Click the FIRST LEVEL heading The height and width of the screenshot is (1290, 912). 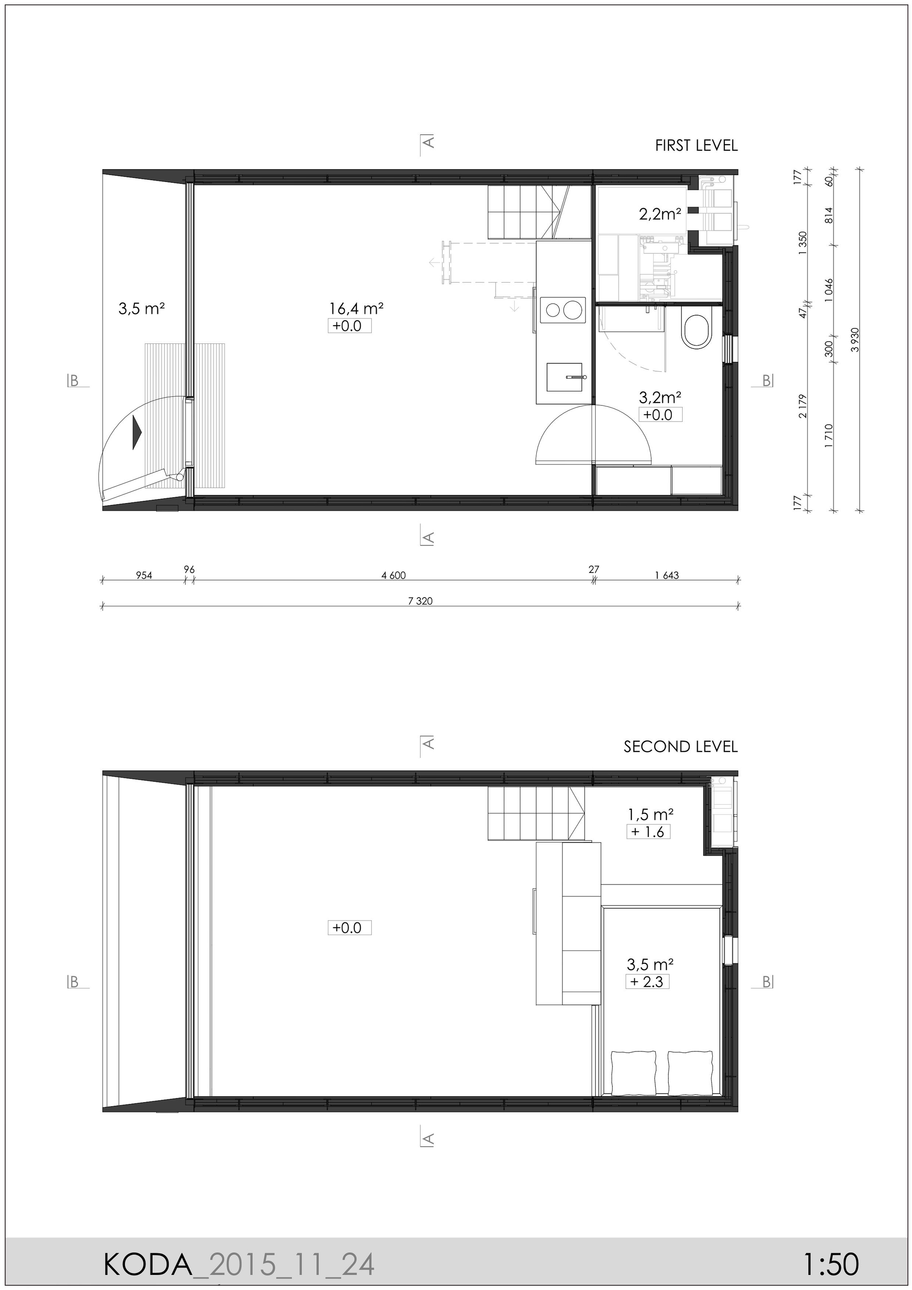click(696, 146)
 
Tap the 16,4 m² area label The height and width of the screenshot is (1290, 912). click(356, 308)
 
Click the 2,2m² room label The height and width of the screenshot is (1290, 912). click(660, 214)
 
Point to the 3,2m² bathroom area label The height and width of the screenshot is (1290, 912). click(660, 398)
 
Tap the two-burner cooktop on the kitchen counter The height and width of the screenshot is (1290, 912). click(563, 310)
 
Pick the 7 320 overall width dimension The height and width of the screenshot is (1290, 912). click(420, 601)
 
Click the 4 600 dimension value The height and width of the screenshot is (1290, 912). click(393, 575)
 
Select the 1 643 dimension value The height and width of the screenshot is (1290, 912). click(667, 575)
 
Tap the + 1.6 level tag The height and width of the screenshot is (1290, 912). click(648, 832)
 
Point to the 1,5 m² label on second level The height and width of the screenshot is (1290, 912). click(650, 814)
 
